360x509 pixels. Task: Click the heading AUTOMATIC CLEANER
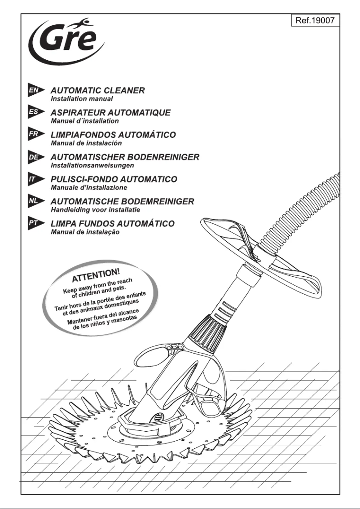[97, 90]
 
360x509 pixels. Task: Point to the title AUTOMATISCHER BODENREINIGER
[125, 157]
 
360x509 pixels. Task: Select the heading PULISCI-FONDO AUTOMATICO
[114, 179]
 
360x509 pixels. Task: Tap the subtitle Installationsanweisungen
[92, 165]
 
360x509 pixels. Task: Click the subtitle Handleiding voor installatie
[95, 210]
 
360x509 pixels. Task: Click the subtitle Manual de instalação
[85, 232]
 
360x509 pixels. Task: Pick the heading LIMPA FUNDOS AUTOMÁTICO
[112, 223]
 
